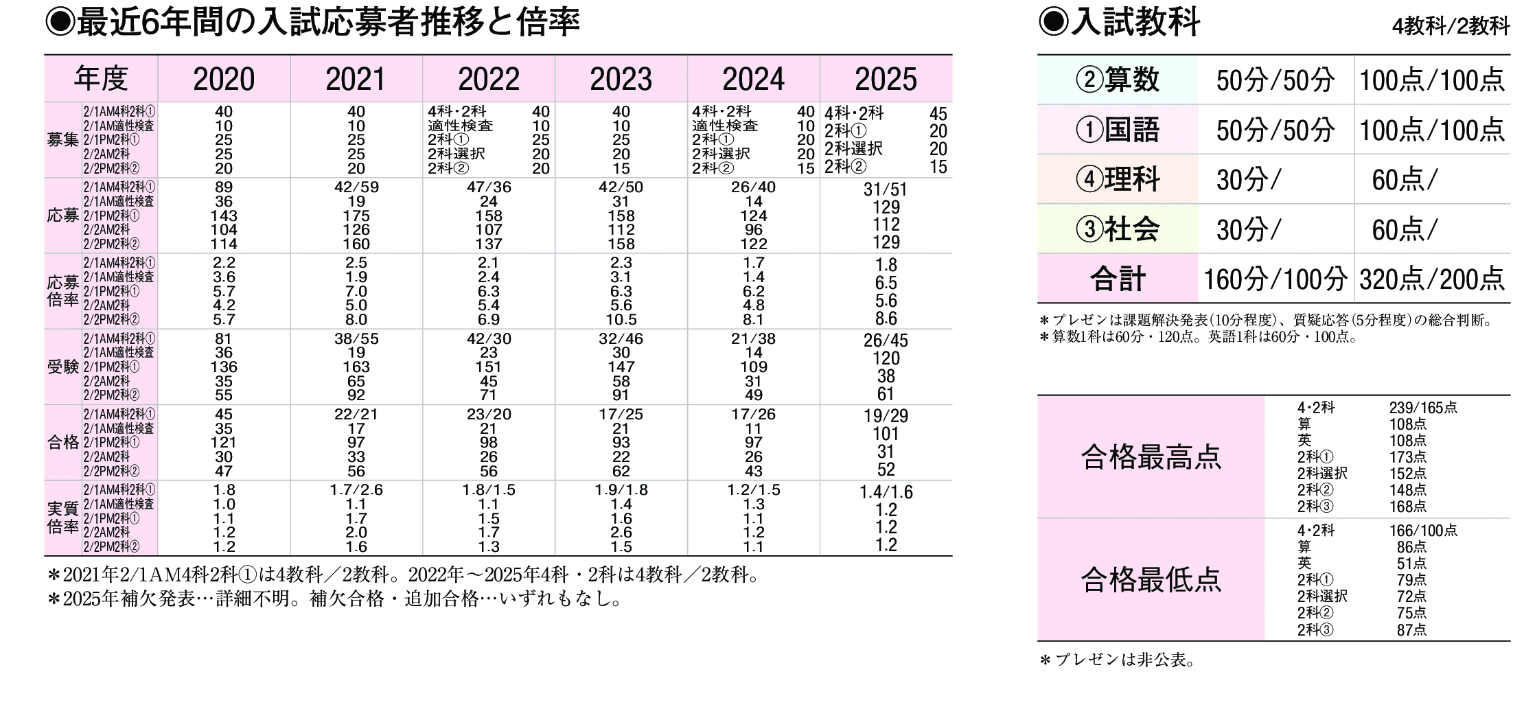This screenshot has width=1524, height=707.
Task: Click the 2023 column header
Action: coord(621,80)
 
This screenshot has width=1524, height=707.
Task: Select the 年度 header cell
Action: coord(101,79)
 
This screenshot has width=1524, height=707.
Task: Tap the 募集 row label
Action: coord(62,140)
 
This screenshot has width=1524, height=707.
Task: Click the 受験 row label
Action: coord(62,367)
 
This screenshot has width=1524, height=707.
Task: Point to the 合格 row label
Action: coord(62,443)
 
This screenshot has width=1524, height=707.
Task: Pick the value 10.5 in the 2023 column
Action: coord(621,320)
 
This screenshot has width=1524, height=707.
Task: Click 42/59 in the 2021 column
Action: coord(356,187)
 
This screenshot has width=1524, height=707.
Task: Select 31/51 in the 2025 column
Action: coord(886,189)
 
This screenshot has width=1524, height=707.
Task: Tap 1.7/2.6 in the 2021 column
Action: coord(356,490)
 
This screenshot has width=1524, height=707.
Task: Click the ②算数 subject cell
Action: coord(1118,80)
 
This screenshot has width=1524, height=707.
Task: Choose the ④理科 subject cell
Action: coord(1118,180)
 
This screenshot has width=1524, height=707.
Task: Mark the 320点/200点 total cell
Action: coord(1432,279)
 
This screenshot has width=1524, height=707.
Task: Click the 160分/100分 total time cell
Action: coord(1275,279)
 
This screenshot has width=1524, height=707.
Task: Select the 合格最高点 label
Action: coord(1151,457)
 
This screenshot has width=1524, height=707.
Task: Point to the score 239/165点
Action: coord(1423,408)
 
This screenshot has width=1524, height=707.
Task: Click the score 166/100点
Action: coord(1423,531)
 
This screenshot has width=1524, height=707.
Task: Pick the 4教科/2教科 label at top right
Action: coord(1451,27)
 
